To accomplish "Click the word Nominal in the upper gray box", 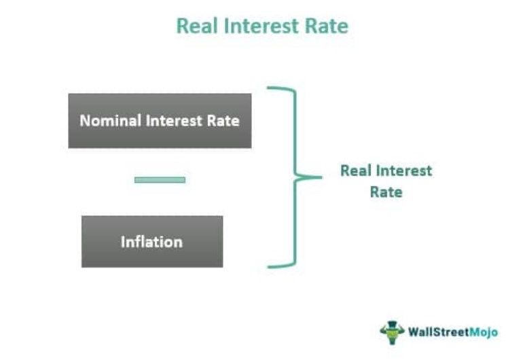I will pos(109,121).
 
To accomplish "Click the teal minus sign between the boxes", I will pos(160,180).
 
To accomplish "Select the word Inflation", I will pos(151,242).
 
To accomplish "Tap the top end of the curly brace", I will pos(271,88).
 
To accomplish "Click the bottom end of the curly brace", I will pos(271,266).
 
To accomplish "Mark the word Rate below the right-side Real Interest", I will pos(386,192).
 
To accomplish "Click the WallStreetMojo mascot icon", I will pos(392,332).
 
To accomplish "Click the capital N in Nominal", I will pos(85,121).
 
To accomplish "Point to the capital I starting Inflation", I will pos(123,242).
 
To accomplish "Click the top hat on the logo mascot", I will pos(392,325).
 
